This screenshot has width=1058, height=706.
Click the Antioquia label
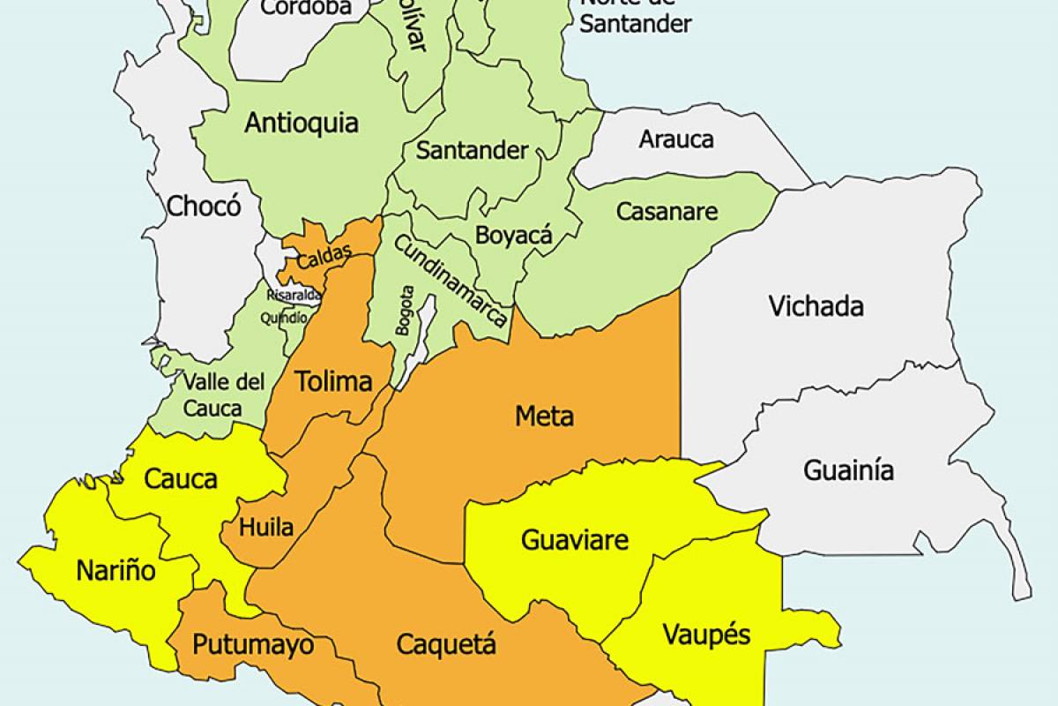(x=302, y=123)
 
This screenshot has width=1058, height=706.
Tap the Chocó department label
(x=204, y=207)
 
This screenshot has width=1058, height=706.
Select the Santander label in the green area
(x=472, y=150)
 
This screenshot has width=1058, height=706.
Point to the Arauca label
(x=676, y=139)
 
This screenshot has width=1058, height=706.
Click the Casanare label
(x=667, y=212)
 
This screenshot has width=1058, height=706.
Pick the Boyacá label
(x=513, y=236)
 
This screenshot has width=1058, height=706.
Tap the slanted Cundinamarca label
(x=451, y=281)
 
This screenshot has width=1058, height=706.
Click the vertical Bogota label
(x=404, y=310)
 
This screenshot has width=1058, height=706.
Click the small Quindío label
(x=284, y=318)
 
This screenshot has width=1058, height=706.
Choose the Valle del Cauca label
(x=224, y=394)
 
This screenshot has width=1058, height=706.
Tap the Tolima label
(x=332, y=382)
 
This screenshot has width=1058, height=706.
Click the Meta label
(x=544, y=416)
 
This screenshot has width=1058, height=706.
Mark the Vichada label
(x=816, y=306)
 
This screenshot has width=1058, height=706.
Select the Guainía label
(x=848, y=470)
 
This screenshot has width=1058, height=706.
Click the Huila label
(x=268, y=528)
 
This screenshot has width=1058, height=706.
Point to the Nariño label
(x=115, y=570)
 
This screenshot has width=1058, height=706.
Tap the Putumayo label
(x=252, y=645)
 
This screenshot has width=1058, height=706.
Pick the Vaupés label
(x=705, y=635)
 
